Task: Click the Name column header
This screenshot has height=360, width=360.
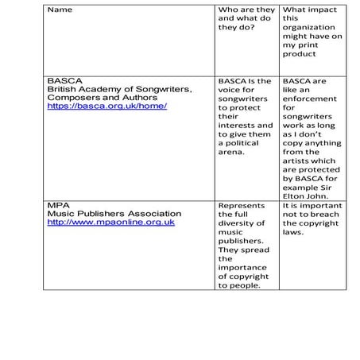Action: [60, 10]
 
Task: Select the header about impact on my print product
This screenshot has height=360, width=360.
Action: [310, 32]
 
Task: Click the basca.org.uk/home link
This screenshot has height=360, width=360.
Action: [106, 106]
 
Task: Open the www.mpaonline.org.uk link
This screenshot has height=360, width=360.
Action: [110, 223]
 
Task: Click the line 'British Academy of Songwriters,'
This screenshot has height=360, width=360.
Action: [119, 89]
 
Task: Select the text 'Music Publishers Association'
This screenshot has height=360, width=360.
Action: [114, 214]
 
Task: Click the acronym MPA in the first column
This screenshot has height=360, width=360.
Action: [58, 205]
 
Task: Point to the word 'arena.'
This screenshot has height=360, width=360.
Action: [232, 151]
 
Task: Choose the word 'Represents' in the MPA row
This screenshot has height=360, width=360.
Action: [242, 205]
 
